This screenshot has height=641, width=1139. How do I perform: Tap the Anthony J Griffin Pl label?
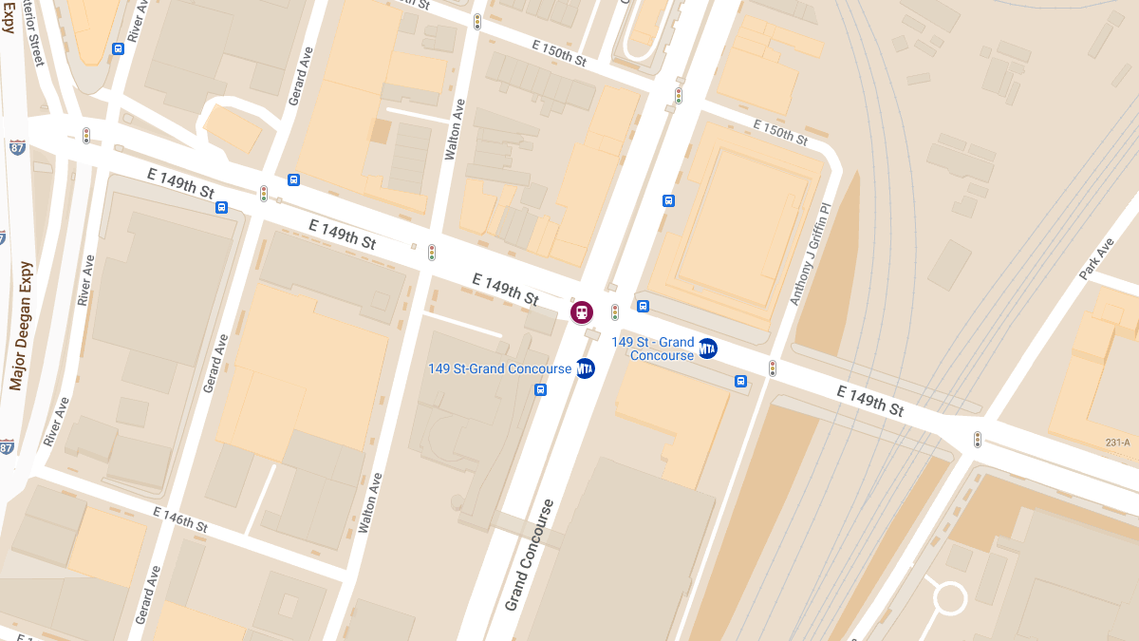click(x=809, y=254)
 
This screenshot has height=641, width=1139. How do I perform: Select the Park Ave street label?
click(x=1095, y=258)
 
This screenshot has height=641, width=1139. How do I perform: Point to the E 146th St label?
click(x=180, y=518)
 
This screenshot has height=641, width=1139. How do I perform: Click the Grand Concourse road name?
click(x=529, y=555)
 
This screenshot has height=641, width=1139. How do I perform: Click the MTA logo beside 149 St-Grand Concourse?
click(x=585, y=368)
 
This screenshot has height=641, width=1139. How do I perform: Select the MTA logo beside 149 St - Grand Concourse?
click(x=707, y=349)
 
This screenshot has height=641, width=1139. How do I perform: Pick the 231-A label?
click(x=1117, y=443)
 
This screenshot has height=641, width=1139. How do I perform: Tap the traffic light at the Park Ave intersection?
click(x=977, y=439)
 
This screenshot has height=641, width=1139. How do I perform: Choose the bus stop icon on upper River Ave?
click(x=118, y=49)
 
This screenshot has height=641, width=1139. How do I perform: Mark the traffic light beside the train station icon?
click(x=615, y=311)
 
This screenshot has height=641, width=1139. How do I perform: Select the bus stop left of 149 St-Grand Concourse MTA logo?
click(x=540, y=389)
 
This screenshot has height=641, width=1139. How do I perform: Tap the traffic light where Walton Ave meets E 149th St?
click(x=431, y=252)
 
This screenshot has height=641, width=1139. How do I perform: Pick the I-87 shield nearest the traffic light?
click(x=17, y=147)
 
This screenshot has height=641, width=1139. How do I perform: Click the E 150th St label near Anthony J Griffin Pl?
click(x=780, y=132)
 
